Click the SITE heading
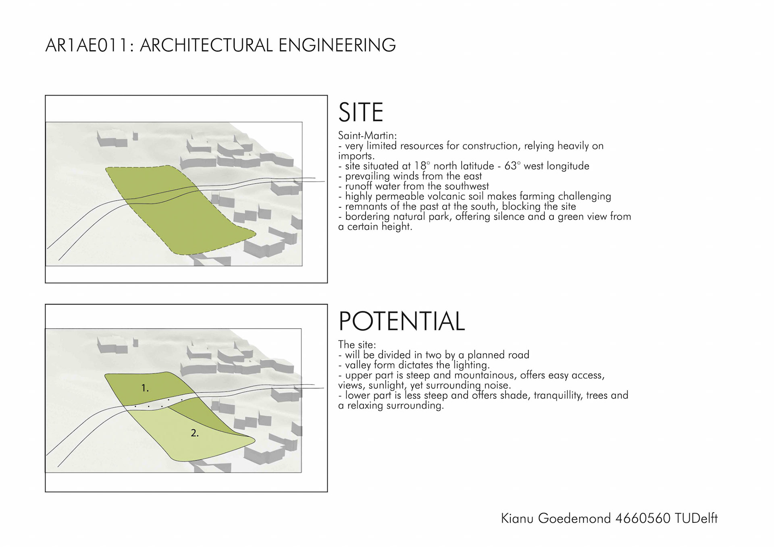360,112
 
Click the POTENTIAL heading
402,321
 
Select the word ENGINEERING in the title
337,45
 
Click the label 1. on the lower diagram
145,388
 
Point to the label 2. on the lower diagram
195,433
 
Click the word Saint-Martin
367,135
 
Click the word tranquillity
558,396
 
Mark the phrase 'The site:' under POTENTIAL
357,345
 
